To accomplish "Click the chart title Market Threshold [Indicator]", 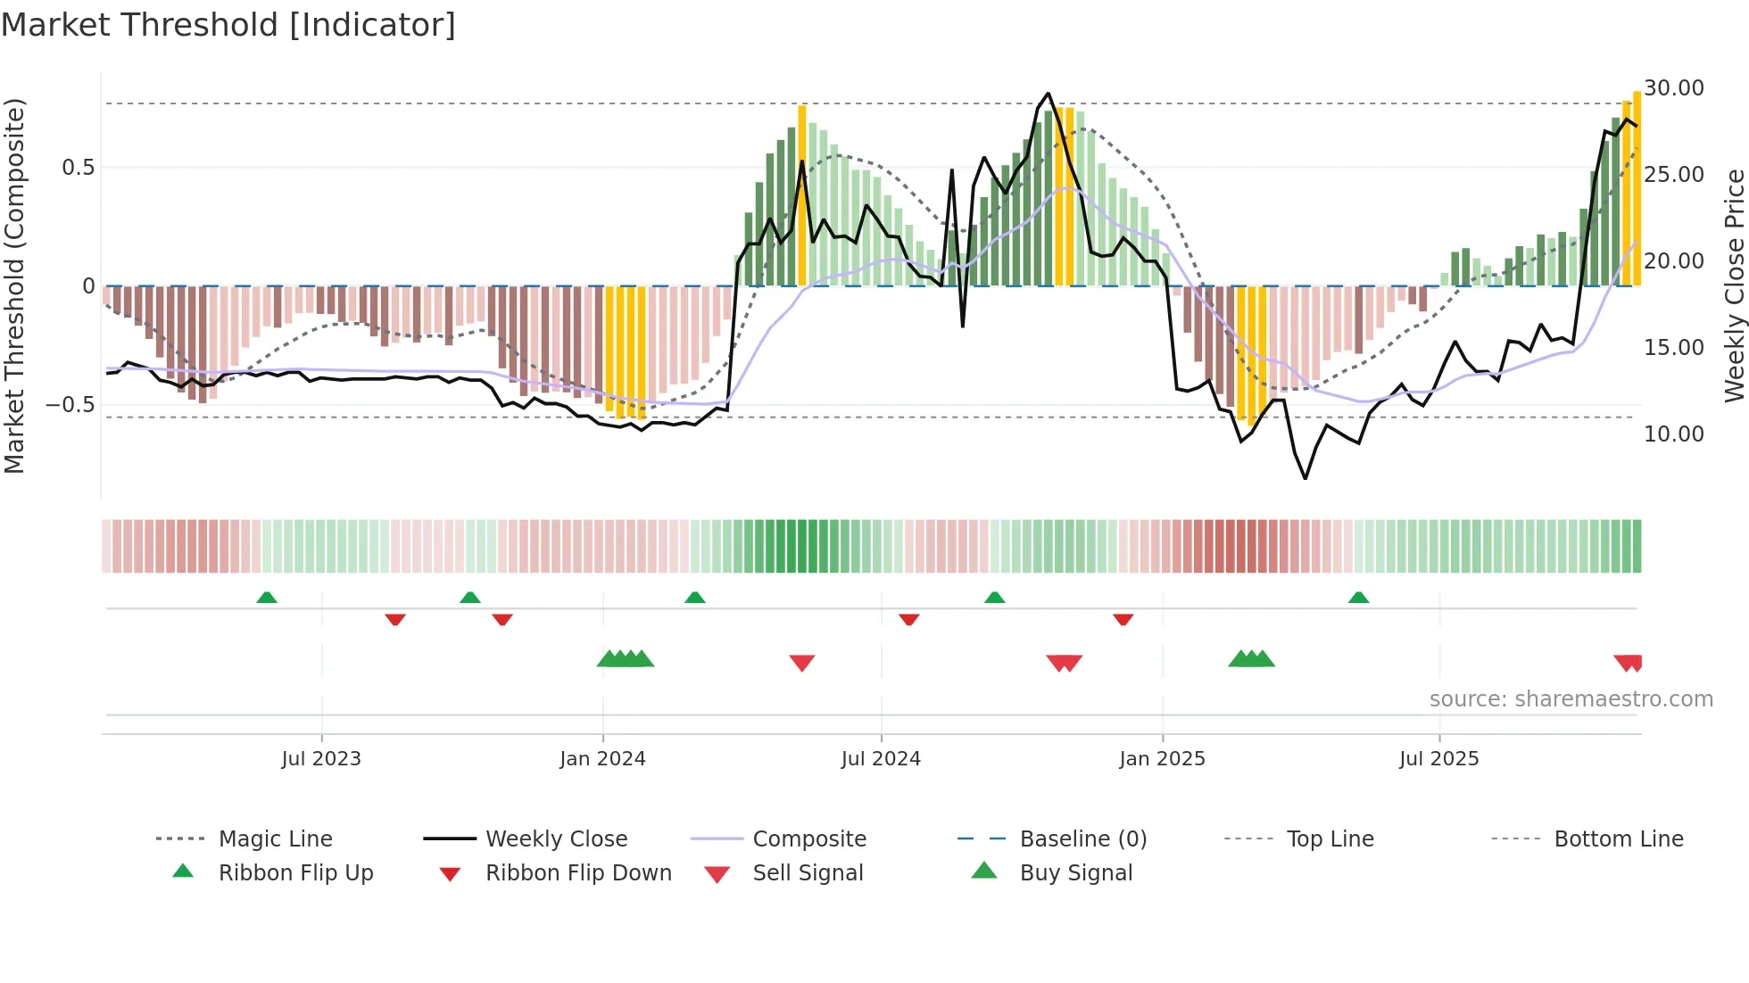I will [228, 25].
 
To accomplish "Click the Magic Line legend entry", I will [275, 839].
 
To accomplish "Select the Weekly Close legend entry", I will [556, 839].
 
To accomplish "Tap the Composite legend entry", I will [808, 839].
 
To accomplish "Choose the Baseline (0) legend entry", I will [1082, 839].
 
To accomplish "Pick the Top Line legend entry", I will [1330, 839].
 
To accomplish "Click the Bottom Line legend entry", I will [1618, 839].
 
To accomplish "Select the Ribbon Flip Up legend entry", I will [295, 873].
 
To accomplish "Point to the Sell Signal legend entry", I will [808, 873].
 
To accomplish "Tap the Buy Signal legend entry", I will [1075, 873].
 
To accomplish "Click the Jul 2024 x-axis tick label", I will [881, 759].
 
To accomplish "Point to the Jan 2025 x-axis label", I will [1162, 759].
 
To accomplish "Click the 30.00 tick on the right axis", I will [1674, 88].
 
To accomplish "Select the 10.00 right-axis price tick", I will [1674, 434].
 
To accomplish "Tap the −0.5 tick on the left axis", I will [70, 405].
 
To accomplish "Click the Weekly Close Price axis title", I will [1734, 285].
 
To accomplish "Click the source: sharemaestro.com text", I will [1571, 699].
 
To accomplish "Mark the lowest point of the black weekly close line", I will [1306, 479].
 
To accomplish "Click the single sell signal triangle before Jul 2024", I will [802, 663].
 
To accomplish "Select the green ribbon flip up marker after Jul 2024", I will [995, 597].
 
